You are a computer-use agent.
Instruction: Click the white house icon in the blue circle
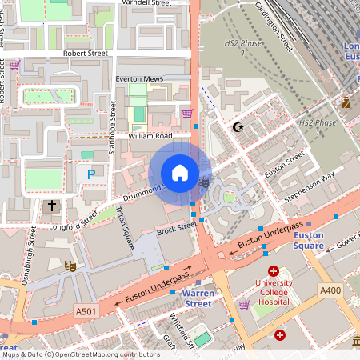pyautogui.click(x=180, y=173)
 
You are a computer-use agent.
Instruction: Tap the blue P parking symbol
pyautogui.click(x=91, y=173)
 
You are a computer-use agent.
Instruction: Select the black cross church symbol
pyautogui.click(x=52, y=206)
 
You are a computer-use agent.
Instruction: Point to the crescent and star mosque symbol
pyautogui.click(x=236, y=126)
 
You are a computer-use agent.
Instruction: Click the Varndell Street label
pyautogui.click(x=146, y=4)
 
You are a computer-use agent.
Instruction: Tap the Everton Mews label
pyautogui.click(x=139, y=79)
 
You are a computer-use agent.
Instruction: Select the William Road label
pyautogui.click(x=150, y=136)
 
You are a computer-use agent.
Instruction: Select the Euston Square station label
pyautogui.click(x=308, y=240)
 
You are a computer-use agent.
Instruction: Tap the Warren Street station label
pyautogui.click(x=192, y=298)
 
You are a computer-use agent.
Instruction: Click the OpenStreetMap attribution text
pyautogui.click(x=80, y=354)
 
